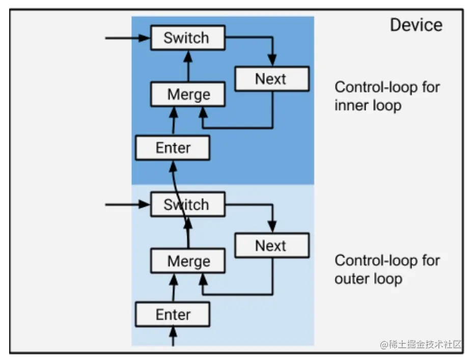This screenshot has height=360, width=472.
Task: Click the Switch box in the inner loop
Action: pyautogui.click(x=187, y=38)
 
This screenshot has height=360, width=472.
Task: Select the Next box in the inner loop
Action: pyautogui.click(x=271, y=79)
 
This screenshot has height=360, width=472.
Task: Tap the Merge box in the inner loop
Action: pyautogui.click(x=188, y=95)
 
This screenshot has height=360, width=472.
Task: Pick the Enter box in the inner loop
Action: pyautogui.click(x=173, y=148)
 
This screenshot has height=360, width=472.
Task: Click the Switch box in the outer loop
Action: pyautogui.click(x=187, y=205)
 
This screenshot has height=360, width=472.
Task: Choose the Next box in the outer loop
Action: pyautogui.click(x=271, y=245)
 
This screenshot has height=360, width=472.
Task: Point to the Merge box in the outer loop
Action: pyautogui.click(x=188, y=262)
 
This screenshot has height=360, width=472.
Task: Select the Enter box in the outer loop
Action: pyautogui.click(x=173, y=314)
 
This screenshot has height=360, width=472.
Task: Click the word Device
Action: pyautogui.click(x=416, y=25)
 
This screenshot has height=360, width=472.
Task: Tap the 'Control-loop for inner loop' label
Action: pyautogui.click(x=387, y=96)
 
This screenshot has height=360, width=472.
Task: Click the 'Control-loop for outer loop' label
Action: pyautogui.click(x=387, y=269)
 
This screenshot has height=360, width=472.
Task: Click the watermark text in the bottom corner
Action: pyautogui.click(x=421, y=344)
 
